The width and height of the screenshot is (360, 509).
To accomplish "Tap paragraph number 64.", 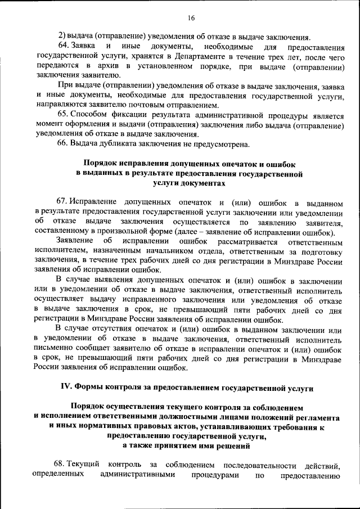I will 64,46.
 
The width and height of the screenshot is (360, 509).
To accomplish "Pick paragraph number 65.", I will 64,115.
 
